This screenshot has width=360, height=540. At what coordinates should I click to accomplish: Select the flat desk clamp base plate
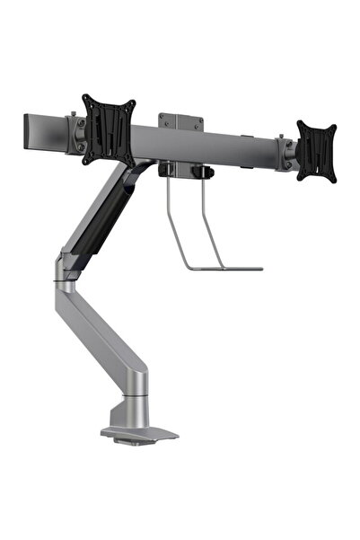[139, 433]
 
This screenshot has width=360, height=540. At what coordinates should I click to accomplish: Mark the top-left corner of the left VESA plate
[83, 96]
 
